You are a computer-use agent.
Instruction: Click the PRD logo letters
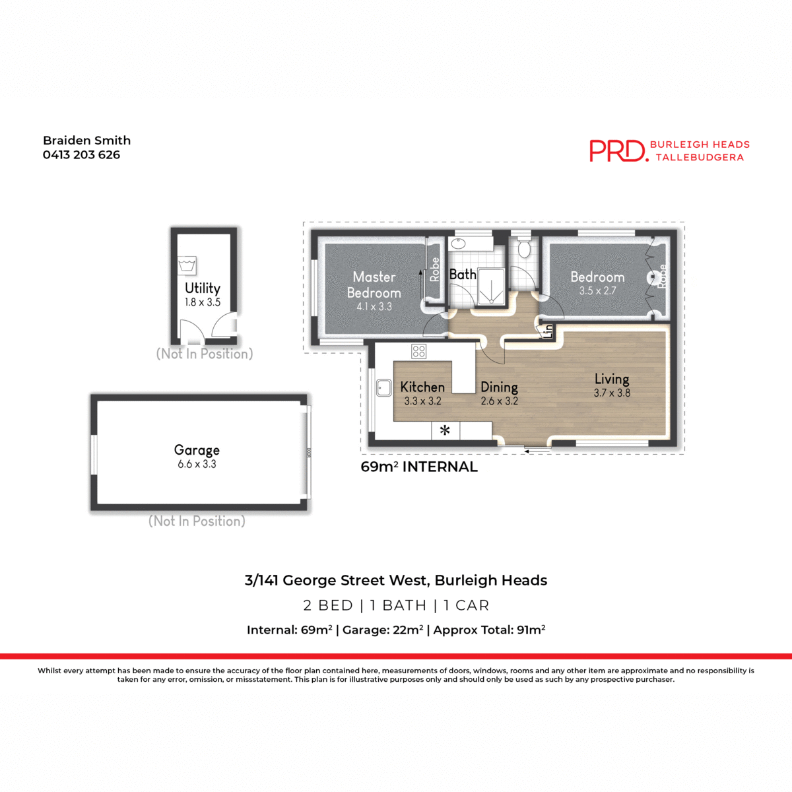(618, 150)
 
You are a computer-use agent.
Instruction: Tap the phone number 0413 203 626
(81, 155)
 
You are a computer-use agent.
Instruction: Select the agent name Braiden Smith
(86, 141)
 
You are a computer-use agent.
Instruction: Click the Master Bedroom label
(374, 285)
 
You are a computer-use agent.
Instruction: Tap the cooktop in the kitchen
(418, 351)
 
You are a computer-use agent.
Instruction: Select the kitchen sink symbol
(383, 387)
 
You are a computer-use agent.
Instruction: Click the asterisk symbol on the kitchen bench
(445, 430)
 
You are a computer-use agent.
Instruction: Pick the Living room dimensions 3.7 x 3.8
(612, 393)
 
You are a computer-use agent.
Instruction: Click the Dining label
(499, 387)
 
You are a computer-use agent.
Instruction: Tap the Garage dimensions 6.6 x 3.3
(197, 465)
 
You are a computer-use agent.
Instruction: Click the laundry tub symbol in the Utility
(187, 265)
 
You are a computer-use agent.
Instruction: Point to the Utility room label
(203, 288)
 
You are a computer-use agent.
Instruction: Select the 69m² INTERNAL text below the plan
(419, 467)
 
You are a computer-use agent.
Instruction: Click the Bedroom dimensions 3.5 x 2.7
(597, 291)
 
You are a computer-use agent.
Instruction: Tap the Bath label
(463, 275)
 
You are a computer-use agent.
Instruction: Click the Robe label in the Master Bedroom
(434, 269)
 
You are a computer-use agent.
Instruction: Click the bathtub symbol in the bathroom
(471, 244)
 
